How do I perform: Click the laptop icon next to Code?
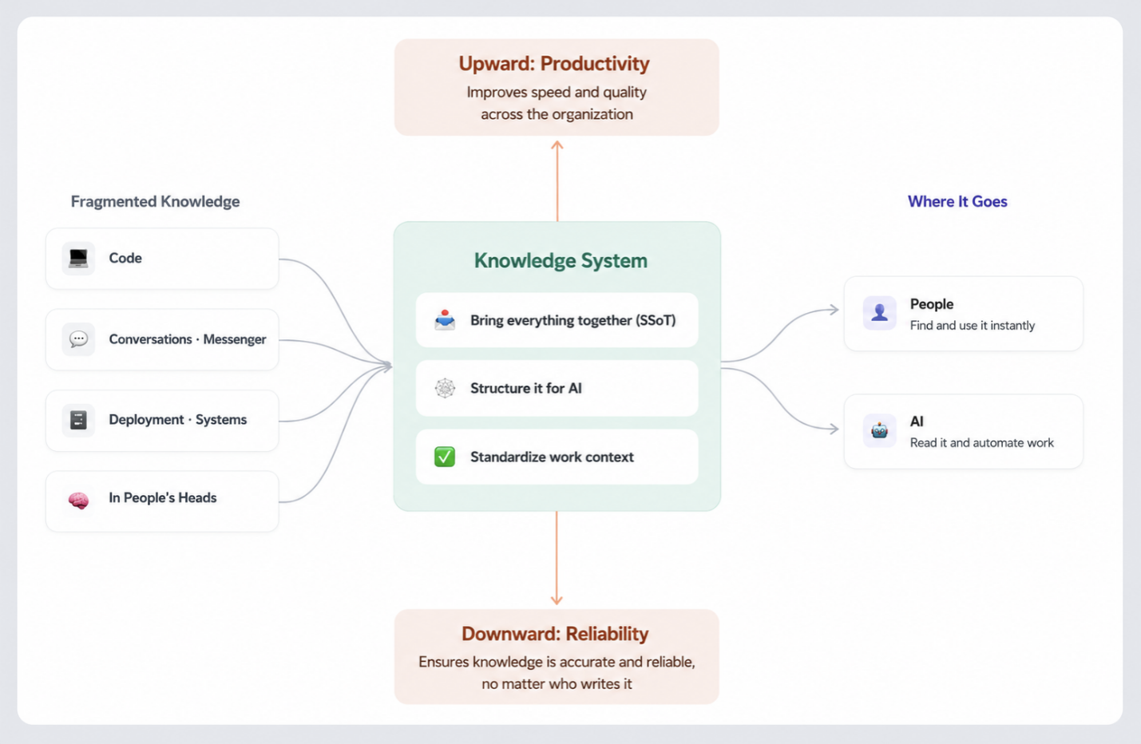click(x=78, y=258)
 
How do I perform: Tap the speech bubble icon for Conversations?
click(x=78, y=339)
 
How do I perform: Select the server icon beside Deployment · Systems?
click(x=78, y=420)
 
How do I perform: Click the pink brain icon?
click(x=78, y=501)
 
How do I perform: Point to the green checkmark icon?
click(x=445, y=457)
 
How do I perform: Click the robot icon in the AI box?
click(x=880, y=431)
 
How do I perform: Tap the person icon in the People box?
click(x=880, y=312)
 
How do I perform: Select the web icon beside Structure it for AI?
click(x=445, y=389)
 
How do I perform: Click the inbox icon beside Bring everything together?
click(x=445, y=320)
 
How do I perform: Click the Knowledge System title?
click(x=561, y=261)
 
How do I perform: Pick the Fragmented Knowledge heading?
click(x=156, y=202)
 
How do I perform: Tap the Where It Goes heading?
click(x=957, y=202)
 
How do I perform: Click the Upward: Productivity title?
click(x=554, y=64)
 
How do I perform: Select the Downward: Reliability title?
click(x=555, y=634)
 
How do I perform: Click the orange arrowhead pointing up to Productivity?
click(x=557, y=144)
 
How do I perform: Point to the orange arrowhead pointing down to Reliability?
click(x=557, y=600)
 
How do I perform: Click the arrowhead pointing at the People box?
click(x=834, y=310)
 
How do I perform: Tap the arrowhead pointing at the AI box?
click(x=834, y=429)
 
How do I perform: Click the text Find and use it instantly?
click(x=973, y=326)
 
